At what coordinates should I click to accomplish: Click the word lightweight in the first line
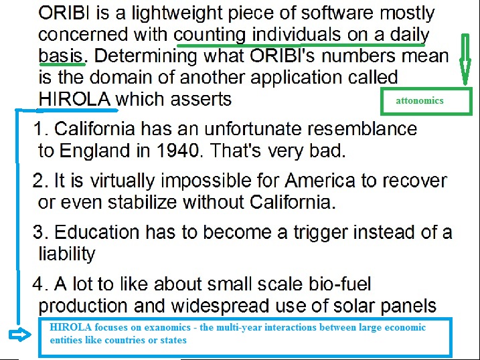click(x=177, y=14)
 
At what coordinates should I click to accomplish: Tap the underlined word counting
click(x=210, y=35)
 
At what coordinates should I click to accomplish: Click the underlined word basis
click(x=61, y=56)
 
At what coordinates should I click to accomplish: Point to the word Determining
click(x=145, y=57)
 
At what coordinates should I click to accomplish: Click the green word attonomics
click(x=419, y=100)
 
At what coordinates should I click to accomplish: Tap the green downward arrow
click(x=465, y=60)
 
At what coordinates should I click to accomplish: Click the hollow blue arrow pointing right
click(x=20, y=334)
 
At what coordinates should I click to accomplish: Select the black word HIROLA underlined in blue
click(x=74, y=99)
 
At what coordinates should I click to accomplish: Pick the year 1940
click(x=178, y=151)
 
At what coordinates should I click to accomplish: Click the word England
click(x=94, y=151)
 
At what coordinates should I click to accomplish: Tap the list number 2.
click(x=39, y=180)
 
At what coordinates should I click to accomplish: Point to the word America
click(x=320, y=180)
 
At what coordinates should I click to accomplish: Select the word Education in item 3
click(x=96, y=232)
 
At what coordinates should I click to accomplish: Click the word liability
click(x=67, y=254)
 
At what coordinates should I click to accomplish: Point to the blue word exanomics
click(x=167, y=327)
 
